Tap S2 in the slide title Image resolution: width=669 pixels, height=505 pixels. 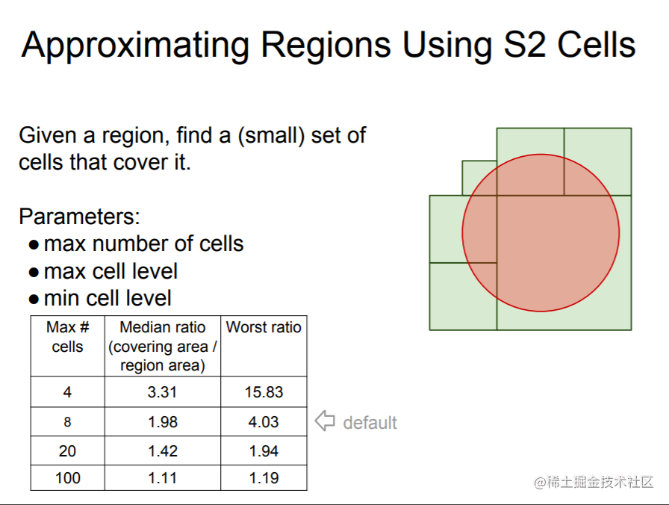525,44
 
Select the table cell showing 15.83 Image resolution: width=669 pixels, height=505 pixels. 264,392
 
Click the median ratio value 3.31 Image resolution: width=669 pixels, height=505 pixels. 162,392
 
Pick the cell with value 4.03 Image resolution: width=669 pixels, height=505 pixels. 264,422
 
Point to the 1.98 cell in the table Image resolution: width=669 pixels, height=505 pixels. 163,422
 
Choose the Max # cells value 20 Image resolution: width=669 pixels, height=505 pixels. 67,450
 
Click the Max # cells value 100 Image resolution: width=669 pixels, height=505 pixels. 67,478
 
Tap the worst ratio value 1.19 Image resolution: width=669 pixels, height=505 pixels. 264,478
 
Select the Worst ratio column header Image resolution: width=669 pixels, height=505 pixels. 264,327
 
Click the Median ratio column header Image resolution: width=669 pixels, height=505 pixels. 163,346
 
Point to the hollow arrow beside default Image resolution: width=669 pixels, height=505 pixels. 325,421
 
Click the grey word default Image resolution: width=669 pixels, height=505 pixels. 370,423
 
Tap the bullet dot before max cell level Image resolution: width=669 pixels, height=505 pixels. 34,273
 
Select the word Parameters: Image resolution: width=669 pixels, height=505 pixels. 79,217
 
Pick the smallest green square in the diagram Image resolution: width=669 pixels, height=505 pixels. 479,178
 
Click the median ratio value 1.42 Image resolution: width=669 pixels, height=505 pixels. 163,450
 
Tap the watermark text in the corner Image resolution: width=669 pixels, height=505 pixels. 594,482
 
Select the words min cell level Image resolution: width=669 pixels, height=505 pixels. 108,298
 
